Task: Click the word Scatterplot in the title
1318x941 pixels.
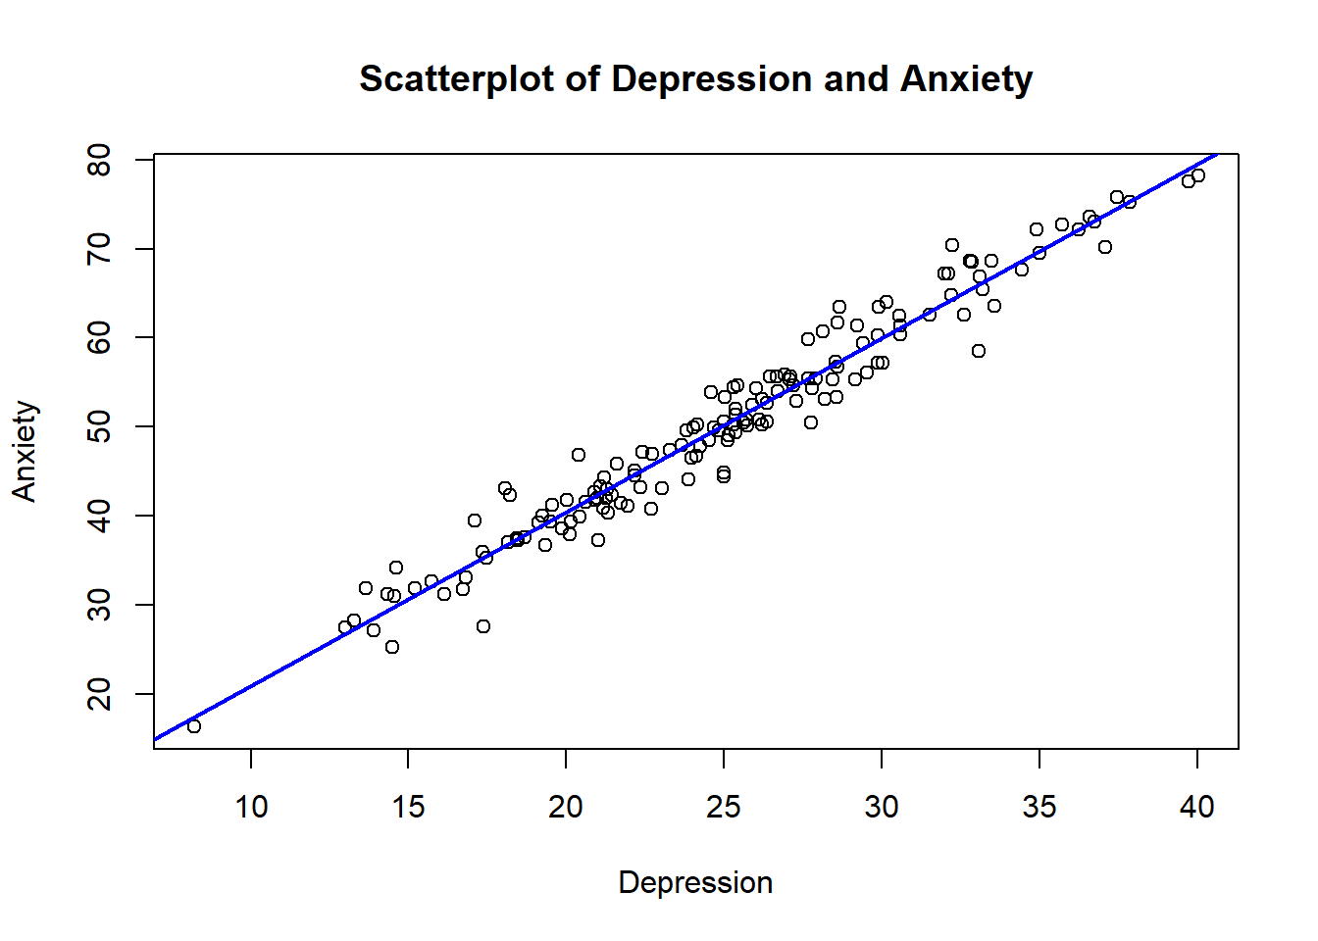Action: pyautogui.click(x=457, y=78)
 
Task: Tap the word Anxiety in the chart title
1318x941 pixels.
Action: pyautogui.click(x=966, y=78)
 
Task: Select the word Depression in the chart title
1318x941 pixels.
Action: pyautogui.click(x=711, y=78)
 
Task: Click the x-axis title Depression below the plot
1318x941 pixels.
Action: pyautogui.click(x=695, y=882)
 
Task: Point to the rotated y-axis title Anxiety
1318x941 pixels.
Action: pyautogui.click(x=25, y=451)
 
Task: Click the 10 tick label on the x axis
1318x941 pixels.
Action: pyautogui.click(x=251, y=807)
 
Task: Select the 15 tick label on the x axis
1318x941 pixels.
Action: pyautogui.click(x=408, y=807)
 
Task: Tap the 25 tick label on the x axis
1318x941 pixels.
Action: pyautogui.click(x=724, y=807)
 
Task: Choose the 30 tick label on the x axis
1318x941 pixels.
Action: pyautogui.click(x=882, y=807)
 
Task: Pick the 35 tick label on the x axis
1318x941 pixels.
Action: pyautogui.click(x=1039, y=807)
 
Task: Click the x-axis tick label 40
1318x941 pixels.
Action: pyautogui.click(x=1197, y=807)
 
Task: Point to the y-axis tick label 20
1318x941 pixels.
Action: pyautogui.click(x=100, y=694)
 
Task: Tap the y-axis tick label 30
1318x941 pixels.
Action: pyautogui.click(x=100, y=605)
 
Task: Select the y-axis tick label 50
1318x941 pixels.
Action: pyautogui.click(x=100, y=426)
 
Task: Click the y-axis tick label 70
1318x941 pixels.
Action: pyautogui.click(x=100, y=249)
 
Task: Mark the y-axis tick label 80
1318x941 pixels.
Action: pyautogui.click(x=100, y=160)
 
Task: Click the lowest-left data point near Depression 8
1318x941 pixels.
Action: pyautogui.click(x=194, y=726)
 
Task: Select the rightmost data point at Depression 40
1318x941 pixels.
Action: pyautogui.click(x=1198, y=175)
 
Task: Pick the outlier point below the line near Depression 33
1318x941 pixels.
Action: pyautogui.click(x=979, y=351)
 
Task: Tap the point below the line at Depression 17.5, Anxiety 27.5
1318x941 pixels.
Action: pyautogui.click(x=483, y=626)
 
